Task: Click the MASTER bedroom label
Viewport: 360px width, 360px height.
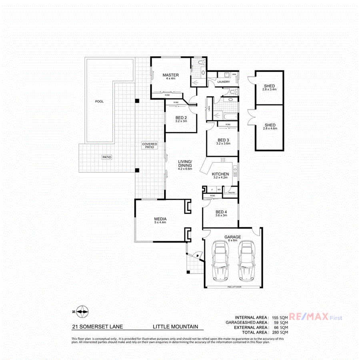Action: pyautogui.click(x=170, y=75)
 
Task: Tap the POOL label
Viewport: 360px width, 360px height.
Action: pyautogui.click(x=99, y=102)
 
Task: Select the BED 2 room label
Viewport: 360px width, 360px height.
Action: pyautogui.click(x=181, y=118)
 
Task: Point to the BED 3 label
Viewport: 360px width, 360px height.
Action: pyautogui.click(x=223, y=140)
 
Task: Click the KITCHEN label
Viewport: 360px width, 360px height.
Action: pyautogui.click(x=220, y=174)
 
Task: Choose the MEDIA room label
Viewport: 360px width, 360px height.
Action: pyautogui.click(x=160, y=219)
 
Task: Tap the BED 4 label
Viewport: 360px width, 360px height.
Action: pyautogui.click(x=221, y=212)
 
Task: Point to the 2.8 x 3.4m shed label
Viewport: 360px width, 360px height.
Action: pyautogui.click(x=269, y=90)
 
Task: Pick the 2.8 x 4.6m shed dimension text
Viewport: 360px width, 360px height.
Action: pyautogui.click(x=269, y=129)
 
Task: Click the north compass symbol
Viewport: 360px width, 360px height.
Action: pyautogui.click(x=82, y=311)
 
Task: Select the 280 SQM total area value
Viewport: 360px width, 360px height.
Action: pyautogui.click(x=279, y=332)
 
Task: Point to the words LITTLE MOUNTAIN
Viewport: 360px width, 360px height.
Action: pyautogui.click(x=175, y=327)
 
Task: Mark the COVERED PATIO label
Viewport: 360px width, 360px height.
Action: pyautogui.click(x=150, y=145)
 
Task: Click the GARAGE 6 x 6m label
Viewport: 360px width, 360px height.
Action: pyautogui.click(x=232, y=239)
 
